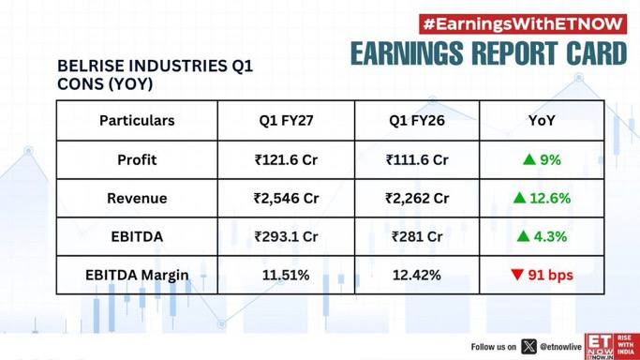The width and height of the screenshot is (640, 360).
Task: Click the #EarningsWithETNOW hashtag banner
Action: [x=523, y=24]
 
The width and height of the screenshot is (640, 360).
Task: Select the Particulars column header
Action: [x=137, y=120]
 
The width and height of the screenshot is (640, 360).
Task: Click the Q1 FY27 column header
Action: [x=286, y=120]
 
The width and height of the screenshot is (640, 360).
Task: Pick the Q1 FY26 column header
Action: [x=417, y=120]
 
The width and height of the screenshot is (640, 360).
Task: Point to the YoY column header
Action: [x=542, y=120]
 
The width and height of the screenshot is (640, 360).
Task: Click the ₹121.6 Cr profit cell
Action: [x=286, y=159]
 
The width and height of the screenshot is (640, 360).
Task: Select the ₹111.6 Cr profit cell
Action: [x=417, y=159]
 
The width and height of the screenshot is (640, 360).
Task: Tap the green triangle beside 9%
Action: [x=529, y=159]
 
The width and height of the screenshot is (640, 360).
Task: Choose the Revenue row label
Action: [x=137, y=198]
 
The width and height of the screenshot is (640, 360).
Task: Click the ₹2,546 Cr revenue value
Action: [x=286, y=199]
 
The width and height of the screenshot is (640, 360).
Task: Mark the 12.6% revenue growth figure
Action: [x=550, y=198]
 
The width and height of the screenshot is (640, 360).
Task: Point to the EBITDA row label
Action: [x=137, y=236]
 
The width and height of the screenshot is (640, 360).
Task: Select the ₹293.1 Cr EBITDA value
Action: [x=286, y=236]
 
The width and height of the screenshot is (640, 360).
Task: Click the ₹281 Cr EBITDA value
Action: [x=417, y=236]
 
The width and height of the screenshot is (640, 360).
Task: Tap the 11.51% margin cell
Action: [x=286, y=275]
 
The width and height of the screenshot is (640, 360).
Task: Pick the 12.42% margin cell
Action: [x=417, y=275]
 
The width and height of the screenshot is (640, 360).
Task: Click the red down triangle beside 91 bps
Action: [x=517, y=275]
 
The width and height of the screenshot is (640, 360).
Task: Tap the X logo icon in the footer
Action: [x=528, y=347]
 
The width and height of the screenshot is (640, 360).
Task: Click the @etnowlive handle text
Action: [x=560, y=347]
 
